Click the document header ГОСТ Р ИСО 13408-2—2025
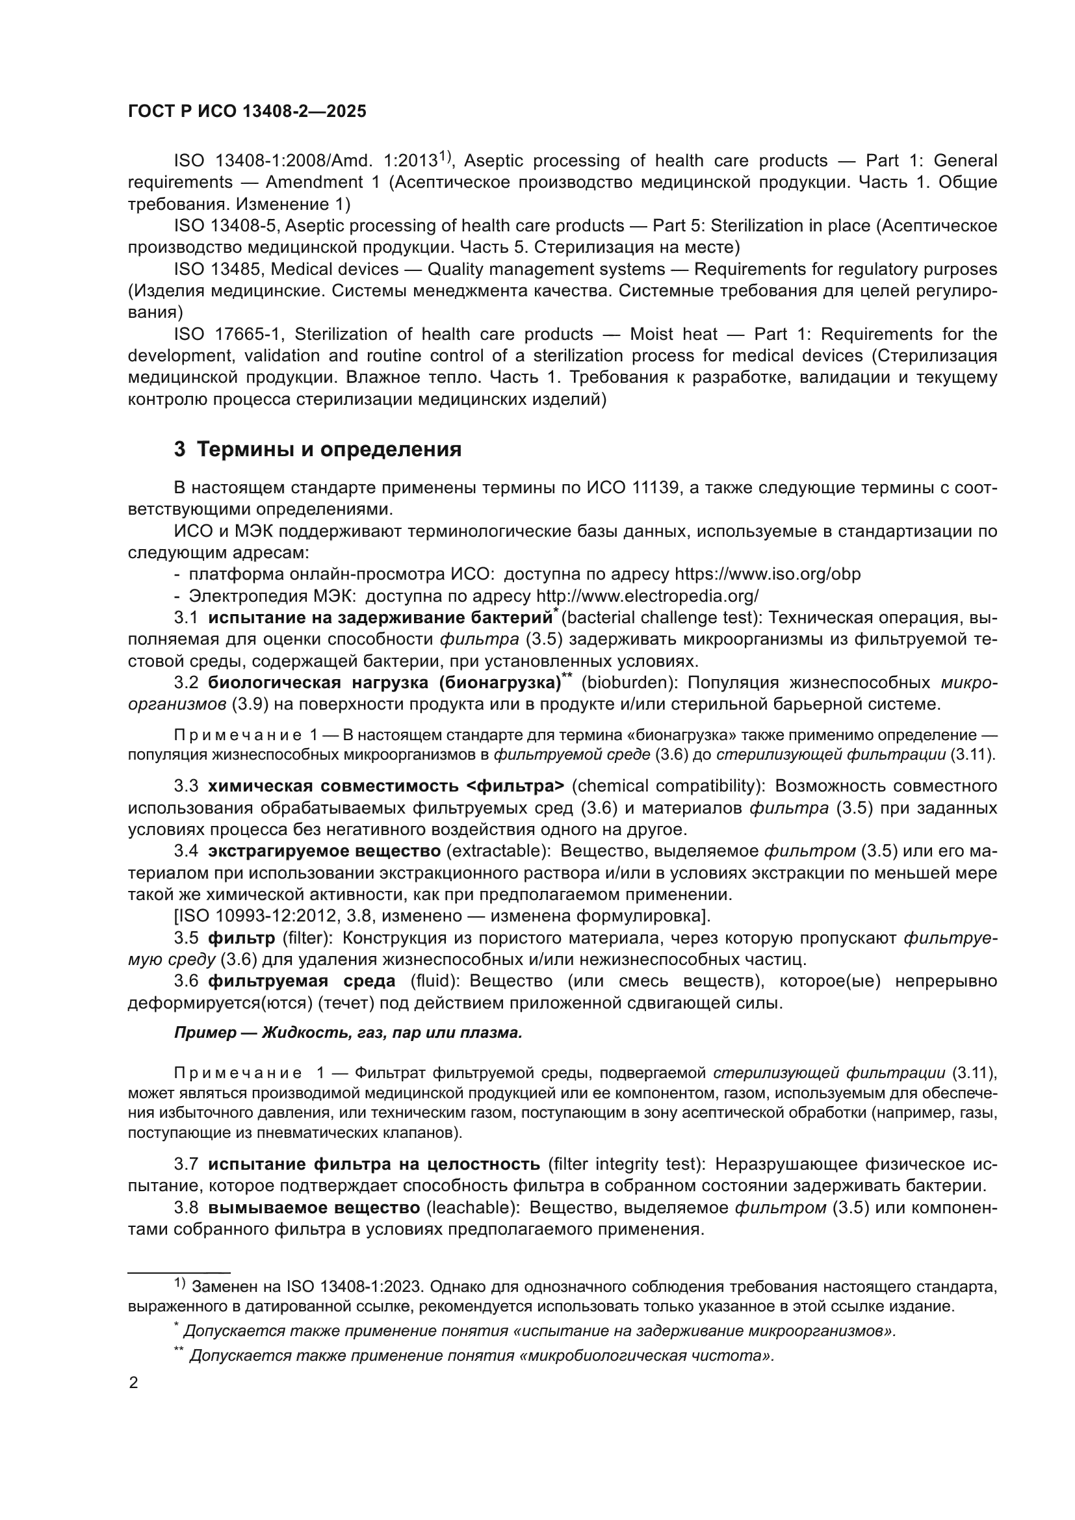[x=247, y=111]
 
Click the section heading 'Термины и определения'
[x=329, y=450]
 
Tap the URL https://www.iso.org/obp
[x=767, y=574]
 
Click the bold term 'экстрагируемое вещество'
[x=324, y=851]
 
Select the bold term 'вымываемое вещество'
[x=314, y=1207]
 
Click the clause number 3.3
[x=186, y=786]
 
